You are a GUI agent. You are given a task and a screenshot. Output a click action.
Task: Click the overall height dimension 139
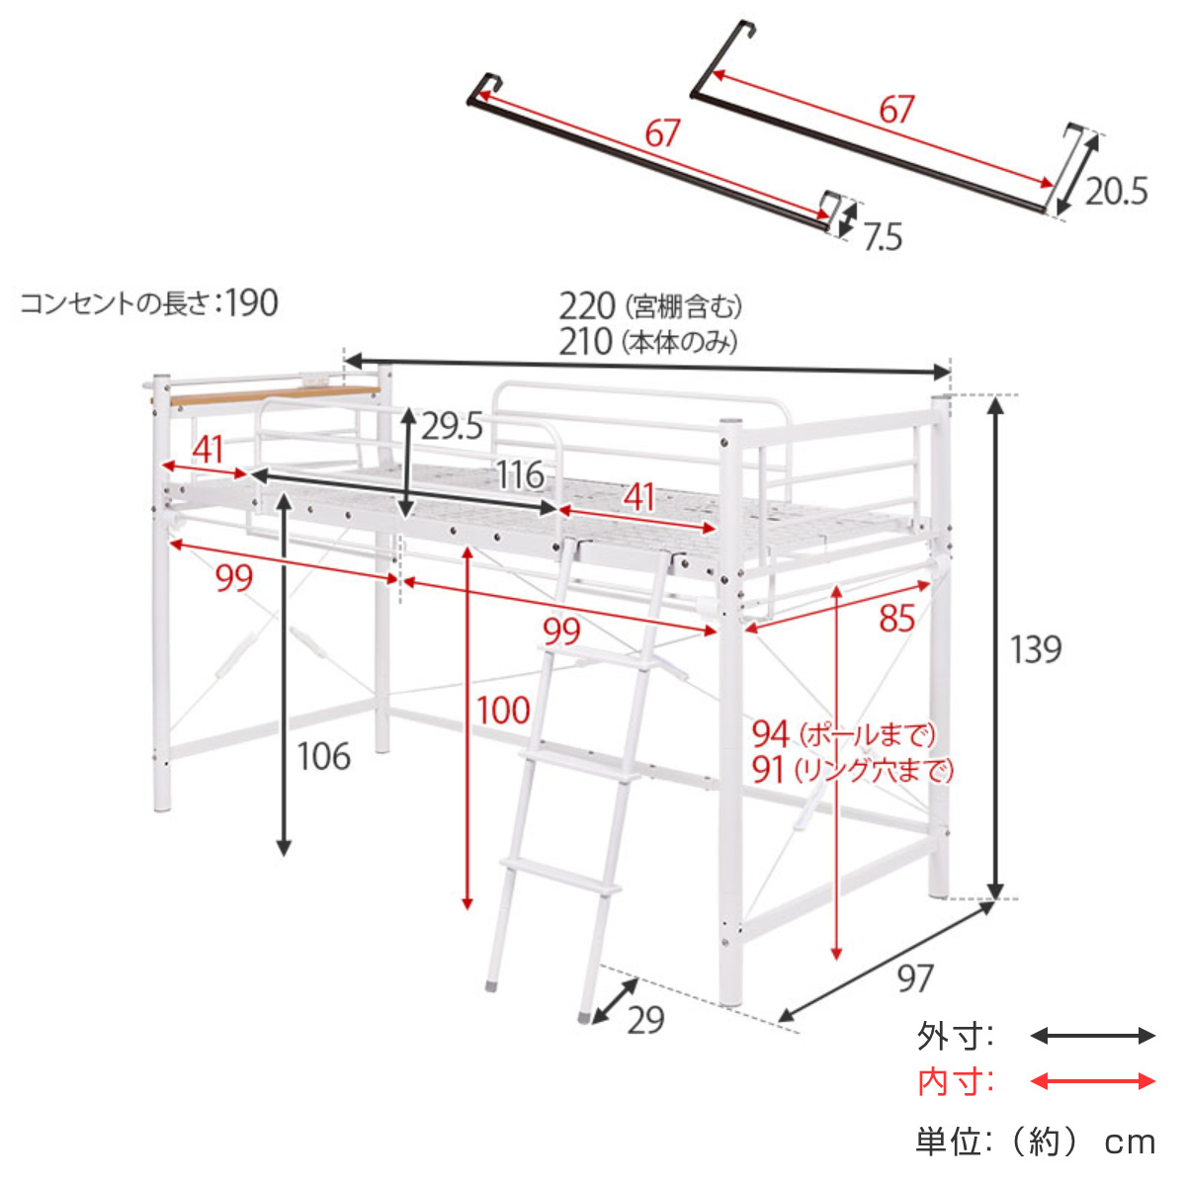coord(1035,649)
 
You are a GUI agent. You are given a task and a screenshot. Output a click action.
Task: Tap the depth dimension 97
coord(914,977)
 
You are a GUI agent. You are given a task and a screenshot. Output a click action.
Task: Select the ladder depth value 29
coord(645,1019)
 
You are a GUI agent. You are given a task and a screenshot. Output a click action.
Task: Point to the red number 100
coord(503,710)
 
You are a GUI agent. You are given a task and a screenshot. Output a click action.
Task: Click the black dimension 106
coord(323,756)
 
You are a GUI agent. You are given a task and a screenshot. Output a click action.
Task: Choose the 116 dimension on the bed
coord(520,475)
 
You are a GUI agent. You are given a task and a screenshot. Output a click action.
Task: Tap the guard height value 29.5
coord(452,426)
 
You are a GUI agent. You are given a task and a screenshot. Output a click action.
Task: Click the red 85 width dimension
coord(896,619)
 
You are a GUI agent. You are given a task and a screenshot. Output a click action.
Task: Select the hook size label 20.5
coord(1117,191)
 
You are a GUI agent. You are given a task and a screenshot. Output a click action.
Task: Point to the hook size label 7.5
coord(882,237)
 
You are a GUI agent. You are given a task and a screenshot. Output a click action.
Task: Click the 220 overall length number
coord(586,305)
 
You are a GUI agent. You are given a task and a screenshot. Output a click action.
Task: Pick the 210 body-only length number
coord(586,342)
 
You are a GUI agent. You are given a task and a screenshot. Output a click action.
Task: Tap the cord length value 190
coord(252,302)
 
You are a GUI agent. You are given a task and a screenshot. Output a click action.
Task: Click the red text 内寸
coord(954,1082)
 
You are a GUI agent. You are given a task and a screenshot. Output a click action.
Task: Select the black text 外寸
coord(954,1037)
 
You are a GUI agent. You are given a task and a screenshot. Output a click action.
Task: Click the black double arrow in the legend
coord(1092,1036)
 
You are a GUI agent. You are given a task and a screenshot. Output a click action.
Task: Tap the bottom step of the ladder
coord(559,876)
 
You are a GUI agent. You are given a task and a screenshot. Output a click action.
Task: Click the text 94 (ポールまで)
coord(842,734)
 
